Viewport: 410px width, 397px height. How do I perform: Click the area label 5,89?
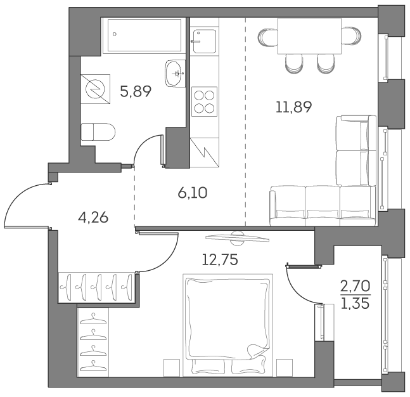136,91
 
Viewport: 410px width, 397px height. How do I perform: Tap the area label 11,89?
293,107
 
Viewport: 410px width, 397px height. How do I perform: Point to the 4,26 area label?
93,218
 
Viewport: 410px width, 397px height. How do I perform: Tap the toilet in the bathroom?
98,131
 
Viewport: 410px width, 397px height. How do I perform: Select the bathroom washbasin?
174,73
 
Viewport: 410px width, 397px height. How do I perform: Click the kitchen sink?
204,41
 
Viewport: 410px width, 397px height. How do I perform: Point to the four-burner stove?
203,101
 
